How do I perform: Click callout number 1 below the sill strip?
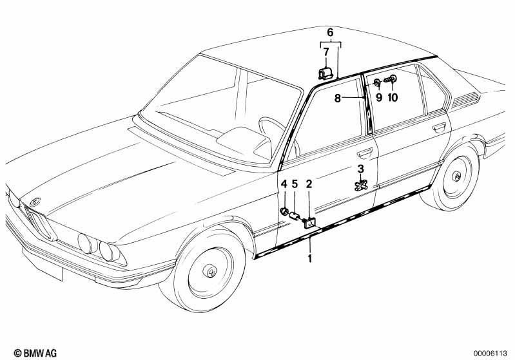pyautogui.click(x=309, y=258)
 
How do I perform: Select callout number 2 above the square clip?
pyautogui.click(x=309, y=184)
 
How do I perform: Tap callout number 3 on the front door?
pyautogui.click(x=361, y=169)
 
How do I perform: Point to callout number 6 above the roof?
pyautogui.click(x=330, y=32)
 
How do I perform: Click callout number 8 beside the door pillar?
pyautogui.click(x=338, y=98)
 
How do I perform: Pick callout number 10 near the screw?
pyautogui.click(x=393, y=97)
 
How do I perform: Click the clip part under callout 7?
pyautogui.click(x=326, y=73)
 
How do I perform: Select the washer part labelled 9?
pyautogui.click(x=377, y=82)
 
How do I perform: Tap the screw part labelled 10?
pyautogui.click(x=390, y=79)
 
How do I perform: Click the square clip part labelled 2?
pyautogui.click(x=309, y=223)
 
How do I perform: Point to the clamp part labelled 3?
pyautogui.click(x=362, y=185)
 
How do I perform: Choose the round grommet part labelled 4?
pyautogui.click(x=284, y=211)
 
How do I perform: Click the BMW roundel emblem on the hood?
pyautogui.click(x=35, y=202)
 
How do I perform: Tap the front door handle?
pyautogui.click(x=365, y=152)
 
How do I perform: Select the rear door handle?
pyautogui.click(x=439, y=127)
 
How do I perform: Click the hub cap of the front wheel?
pyautogui.click(x=209, y=270)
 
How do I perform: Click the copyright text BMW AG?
pyautogui.click(x=35, y=353)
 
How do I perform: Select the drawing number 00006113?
pyautogui.click(x=490, y=354)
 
